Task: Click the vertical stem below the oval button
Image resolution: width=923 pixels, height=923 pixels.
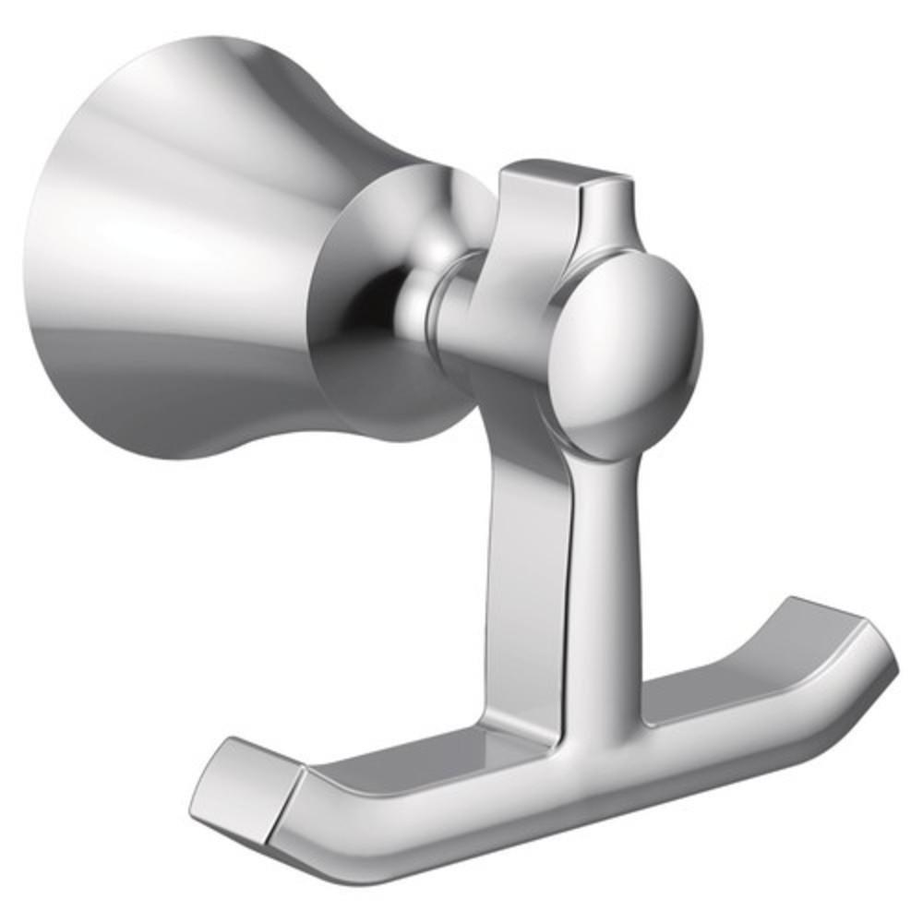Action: [x=605, y=554]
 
